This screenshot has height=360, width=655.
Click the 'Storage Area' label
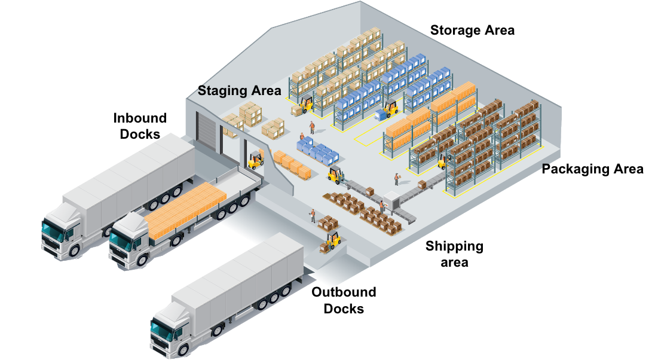click(x=472, y=30)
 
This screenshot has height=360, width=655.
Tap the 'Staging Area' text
click(x=239, y=91)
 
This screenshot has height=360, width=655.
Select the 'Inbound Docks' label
click(x=140, y=126)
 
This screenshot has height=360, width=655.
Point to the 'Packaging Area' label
click(x=592, y=169)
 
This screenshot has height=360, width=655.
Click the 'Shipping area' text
click(x=454, y=254)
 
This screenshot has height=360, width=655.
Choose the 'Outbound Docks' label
click(x=344, y=301)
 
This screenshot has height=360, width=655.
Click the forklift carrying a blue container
click(x=390, y=110)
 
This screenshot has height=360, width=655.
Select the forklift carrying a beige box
click(x=305, y=105)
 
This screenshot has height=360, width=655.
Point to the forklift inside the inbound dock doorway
click(x=256, y=160)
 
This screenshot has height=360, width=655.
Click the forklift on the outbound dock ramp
click(x=332, y=240)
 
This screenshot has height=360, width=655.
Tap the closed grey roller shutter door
click(x=206, y=135)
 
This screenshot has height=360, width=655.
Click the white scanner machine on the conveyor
click(x=392, y=202)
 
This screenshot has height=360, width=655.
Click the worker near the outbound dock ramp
click(x=312, y=216)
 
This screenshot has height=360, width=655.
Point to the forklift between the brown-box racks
click(x=443, y=160)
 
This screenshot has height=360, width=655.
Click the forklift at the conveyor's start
click(x=335, y=175)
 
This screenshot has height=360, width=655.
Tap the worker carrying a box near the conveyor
click(x=396, y=179)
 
